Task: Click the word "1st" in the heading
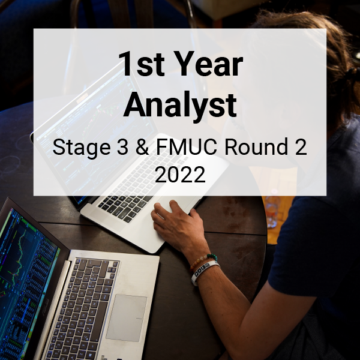(142, 64)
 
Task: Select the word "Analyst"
(180, 104)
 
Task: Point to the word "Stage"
(82, 148)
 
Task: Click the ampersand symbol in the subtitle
(142, 147)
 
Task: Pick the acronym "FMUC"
(187, 147)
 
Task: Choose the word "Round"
(256, 147)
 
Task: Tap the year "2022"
(180, 175)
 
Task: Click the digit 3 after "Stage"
(122, 147)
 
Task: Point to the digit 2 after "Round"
(301, 147)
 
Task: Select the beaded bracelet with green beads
(203, 260)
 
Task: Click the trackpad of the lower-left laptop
(127, 318)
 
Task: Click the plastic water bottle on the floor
(272, 208)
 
